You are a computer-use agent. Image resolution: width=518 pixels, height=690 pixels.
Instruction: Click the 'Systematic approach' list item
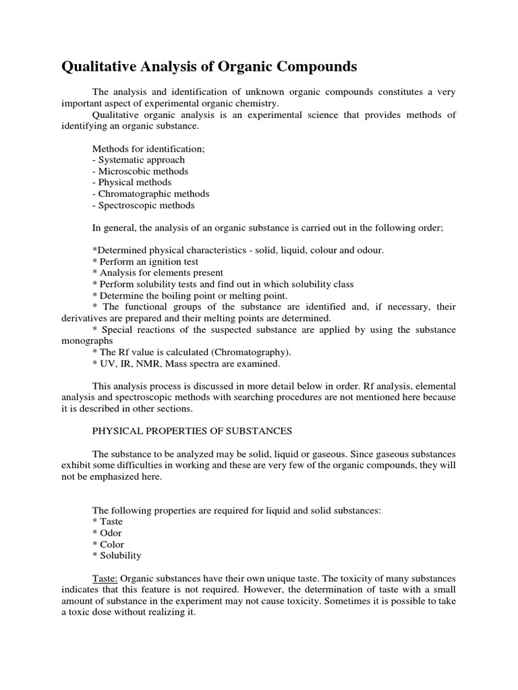pos(138,160)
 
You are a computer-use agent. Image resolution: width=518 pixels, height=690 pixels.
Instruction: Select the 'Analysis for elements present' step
pos(157,273)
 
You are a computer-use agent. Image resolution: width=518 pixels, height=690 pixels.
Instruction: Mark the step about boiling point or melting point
pos(190,296)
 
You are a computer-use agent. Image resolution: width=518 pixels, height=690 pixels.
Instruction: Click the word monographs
pos(84,341)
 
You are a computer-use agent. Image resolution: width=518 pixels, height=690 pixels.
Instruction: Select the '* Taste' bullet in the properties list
pos(107,522)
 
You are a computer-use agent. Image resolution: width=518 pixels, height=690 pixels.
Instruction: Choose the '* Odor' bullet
pos(107,533)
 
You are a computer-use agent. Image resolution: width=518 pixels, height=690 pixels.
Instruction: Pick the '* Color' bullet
pos(108,544)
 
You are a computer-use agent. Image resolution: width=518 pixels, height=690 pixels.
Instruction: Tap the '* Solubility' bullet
pos(117,556)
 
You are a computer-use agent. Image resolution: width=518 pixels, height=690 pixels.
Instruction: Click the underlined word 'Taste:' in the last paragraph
pos(105,579)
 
